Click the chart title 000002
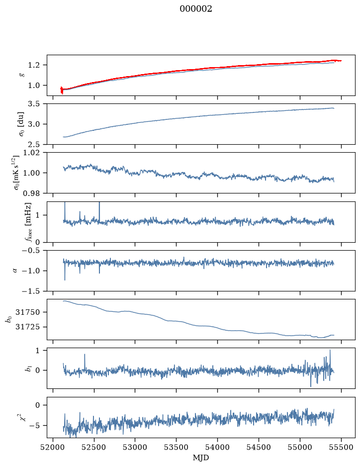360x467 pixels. (195, 9)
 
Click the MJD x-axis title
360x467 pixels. (201, 458)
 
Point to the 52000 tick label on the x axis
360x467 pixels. (53, 447)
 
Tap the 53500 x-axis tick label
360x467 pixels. (177, 447)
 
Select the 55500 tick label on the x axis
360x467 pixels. (341, 447)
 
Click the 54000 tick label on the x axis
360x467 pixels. (217, 447)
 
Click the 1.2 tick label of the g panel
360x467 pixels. (34, 65)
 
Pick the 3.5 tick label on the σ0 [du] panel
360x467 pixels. (34, 103)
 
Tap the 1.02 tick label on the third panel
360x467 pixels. (31, 153)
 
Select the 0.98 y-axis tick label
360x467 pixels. (31, 193)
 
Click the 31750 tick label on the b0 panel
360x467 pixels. (27, 312)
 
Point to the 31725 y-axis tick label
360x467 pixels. (27, 327)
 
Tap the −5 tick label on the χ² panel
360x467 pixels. (34, 425)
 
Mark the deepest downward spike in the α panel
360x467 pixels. (65, 280)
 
